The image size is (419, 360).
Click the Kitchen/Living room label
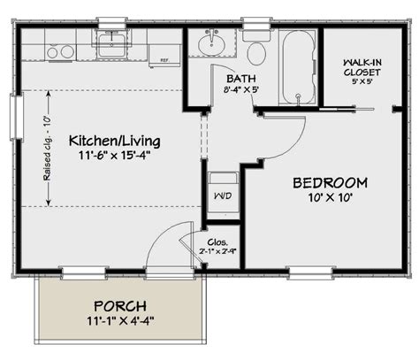[x=103, y=141]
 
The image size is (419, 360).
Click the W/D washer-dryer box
[x=220, y=190]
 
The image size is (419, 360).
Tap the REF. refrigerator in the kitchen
[x=164, y=50]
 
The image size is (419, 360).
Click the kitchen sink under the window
[x=112, y=41]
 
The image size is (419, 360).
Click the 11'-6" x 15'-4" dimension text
[x=103, y=157]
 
